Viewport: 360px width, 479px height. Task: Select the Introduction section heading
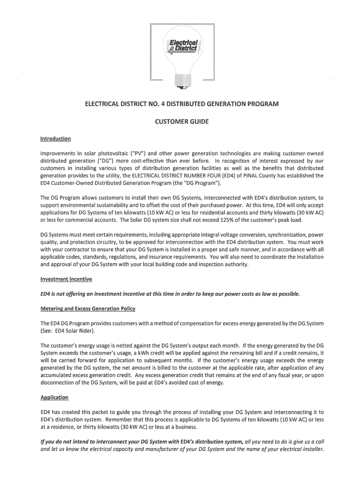pyautogui.click(x=56, y=138)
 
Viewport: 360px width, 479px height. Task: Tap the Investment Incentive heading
pyautogui.click(x=66, y=279)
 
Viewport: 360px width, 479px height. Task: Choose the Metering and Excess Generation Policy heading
pyautogui.click(x=88, y=309)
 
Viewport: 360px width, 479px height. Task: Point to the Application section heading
pyautogui.click(x=55, y=397)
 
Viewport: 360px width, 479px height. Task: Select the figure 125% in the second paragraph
pyautogui.click(x=194, y=220)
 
